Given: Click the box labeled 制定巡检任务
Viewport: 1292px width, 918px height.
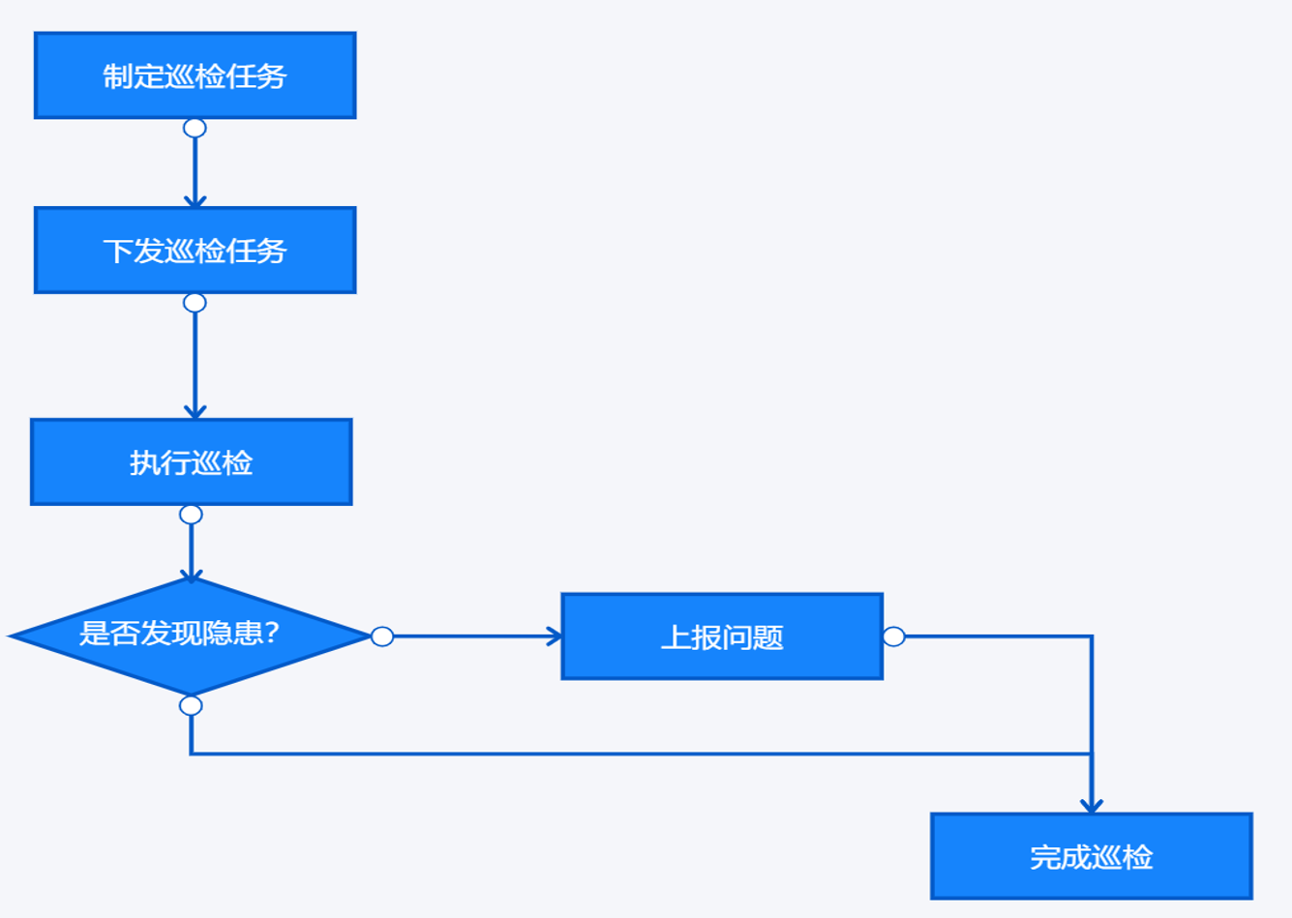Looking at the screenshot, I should coord(195,75).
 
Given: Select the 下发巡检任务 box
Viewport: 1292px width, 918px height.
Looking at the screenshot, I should coord(195,251).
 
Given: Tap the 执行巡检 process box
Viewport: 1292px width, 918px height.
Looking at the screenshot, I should coord(191,462).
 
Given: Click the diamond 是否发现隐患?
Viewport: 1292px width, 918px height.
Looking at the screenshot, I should coord(191,636).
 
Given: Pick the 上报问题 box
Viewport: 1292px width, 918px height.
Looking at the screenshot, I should coord(722,637).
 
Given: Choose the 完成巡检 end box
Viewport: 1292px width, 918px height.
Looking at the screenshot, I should coord(1091,856).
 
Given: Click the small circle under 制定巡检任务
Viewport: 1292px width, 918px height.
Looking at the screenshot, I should coord(195,128).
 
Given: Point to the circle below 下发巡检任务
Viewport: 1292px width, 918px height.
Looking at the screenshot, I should coord(195,303).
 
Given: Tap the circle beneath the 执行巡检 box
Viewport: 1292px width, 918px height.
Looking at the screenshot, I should coord(191,514).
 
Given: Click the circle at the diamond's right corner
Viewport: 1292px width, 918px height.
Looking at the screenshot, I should coord(382,637).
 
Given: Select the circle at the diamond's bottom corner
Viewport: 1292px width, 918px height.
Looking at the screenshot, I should coord(191,705).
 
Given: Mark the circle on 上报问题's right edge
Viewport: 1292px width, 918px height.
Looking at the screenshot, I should coord(894,637).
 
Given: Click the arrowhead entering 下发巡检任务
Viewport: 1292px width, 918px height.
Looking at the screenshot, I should coord(195,201).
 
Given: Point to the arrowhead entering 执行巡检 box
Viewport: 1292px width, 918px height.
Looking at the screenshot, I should coord(195,413).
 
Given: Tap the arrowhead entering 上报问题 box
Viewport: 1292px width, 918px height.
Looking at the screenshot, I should coord(555,637).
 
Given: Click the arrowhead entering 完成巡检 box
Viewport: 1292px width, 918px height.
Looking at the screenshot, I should coord(1092,806).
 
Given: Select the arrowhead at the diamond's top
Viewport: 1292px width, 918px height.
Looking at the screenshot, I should coord(192,576).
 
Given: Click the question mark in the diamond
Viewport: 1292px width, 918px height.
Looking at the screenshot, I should coord(271,634).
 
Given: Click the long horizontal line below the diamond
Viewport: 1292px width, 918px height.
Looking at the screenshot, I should coord(639,754).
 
